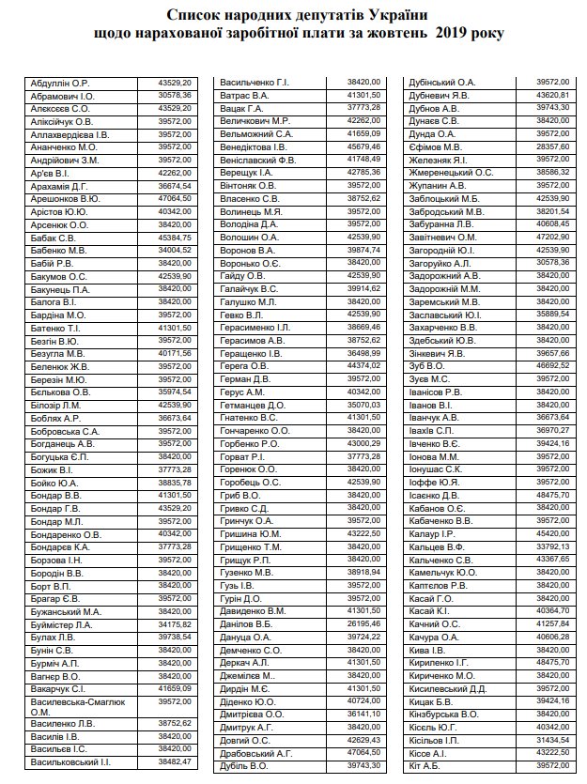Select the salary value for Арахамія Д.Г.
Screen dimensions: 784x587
pyautogui.click(x=176, y=186)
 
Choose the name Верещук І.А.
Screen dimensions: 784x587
pyautogui.click(x=246, y=172)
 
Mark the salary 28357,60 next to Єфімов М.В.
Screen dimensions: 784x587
pyautogui.click(x=551, y=146)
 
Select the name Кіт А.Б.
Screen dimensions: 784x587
pyautogui.click(x=425, y=765)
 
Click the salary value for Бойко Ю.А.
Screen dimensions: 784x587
pyautogui.click(x=176, y=482)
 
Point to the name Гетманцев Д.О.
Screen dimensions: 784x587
pyautogui.click(x=252, y=405)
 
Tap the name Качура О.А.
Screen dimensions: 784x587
pyautogui.click(x=433, y=637)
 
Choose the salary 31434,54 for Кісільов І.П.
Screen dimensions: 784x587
pyautogui.click(x=551, y=740)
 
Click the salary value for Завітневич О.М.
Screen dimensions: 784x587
pyautogui.click(x=551, y=237)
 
